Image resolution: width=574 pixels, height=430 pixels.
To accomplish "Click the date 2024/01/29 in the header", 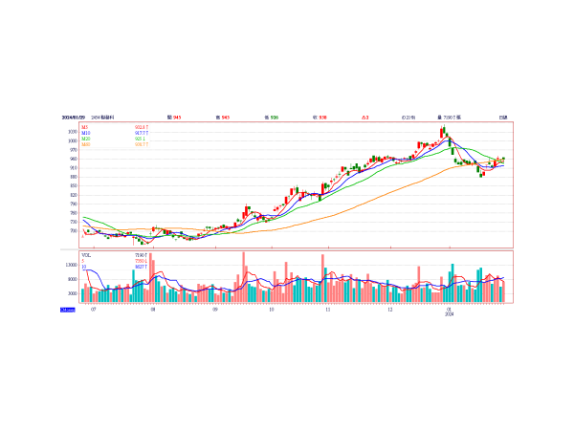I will [x=74, y=117].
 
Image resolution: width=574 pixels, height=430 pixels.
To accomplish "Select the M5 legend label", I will [x=85, y=126].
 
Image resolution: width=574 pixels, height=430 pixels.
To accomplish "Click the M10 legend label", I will [x=85, y=132].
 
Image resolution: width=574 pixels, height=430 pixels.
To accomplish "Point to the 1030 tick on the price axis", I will [x=72, y=132].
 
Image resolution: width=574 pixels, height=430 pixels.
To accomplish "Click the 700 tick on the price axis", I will [x=73, y=230].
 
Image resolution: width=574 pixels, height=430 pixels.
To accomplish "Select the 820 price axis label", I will [x=73, y=195].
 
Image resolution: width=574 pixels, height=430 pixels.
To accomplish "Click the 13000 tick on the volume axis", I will [x=71, y=265].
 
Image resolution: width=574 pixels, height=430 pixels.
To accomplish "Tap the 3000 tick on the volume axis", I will [x=72, y=293].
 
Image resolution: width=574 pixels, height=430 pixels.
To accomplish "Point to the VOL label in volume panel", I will [x=86, y=255].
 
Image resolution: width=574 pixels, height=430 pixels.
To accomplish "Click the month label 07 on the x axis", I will [x=93, y=310].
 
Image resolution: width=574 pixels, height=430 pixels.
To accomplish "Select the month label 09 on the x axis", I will [x=215, y=310].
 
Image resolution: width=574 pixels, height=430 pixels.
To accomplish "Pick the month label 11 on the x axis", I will [x=328, y=310].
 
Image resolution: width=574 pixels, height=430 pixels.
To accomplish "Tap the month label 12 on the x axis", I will [x=389, y=310].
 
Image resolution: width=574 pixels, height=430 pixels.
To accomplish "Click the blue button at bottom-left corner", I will [x=67, y=310].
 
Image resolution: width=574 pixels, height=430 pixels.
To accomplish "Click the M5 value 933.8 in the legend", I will [x=141, y=126].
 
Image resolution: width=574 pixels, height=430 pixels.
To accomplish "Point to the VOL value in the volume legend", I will [x=141, y=255].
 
